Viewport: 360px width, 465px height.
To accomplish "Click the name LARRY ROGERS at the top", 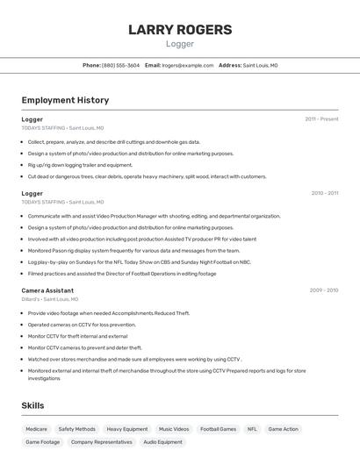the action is coord(180,30).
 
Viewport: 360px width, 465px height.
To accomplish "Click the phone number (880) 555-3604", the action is coord(120,65).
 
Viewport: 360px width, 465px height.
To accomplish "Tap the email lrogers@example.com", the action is coord(187,65).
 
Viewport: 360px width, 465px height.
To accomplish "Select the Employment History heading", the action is coord(65,100).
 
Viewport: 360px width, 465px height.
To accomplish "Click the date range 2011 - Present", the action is coord(321,119).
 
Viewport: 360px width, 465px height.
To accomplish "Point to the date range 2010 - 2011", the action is coord(324,193).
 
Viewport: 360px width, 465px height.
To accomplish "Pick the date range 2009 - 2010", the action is coord(323,290).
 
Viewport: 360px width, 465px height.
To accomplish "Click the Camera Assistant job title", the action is coord(47,290).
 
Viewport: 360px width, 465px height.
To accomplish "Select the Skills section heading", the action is coord(32,405).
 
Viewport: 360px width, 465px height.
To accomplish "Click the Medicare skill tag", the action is coord(36,429).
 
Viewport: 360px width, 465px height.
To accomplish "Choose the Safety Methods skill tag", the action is coord(76,429).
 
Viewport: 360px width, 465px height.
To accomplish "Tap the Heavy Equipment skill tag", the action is coord(127,429).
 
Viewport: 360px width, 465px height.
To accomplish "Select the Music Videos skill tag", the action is coord(174,429).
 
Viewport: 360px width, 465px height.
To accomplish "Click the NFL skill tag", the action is coord(252,429).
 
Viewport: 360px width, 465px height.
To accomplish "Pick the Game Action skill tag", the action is coord(283,429).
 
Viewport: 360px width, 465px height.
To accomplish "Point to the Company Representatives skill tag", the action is coord(102,442).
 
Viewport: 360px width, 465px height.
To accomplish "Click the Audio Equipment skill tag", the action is coord(162,442).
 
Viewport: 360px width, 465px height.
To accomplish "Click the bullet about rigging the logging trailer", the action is coord(80,165).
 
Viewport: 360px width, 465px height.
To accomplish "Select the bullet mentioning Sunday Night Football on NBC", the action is coord(139,261).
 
